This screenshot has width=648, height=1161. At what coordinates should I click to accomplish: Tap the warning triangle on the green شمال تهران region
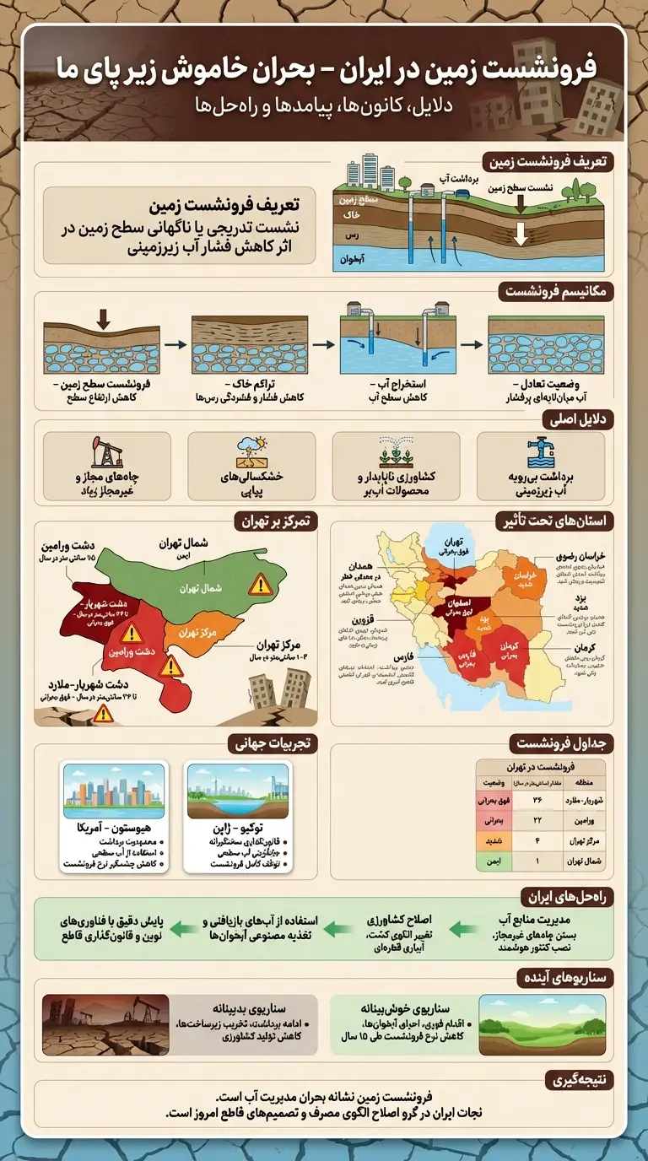(261, 584)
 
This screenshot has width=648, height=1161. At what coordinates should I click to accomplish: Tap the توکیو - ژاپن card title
(237, 827)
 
